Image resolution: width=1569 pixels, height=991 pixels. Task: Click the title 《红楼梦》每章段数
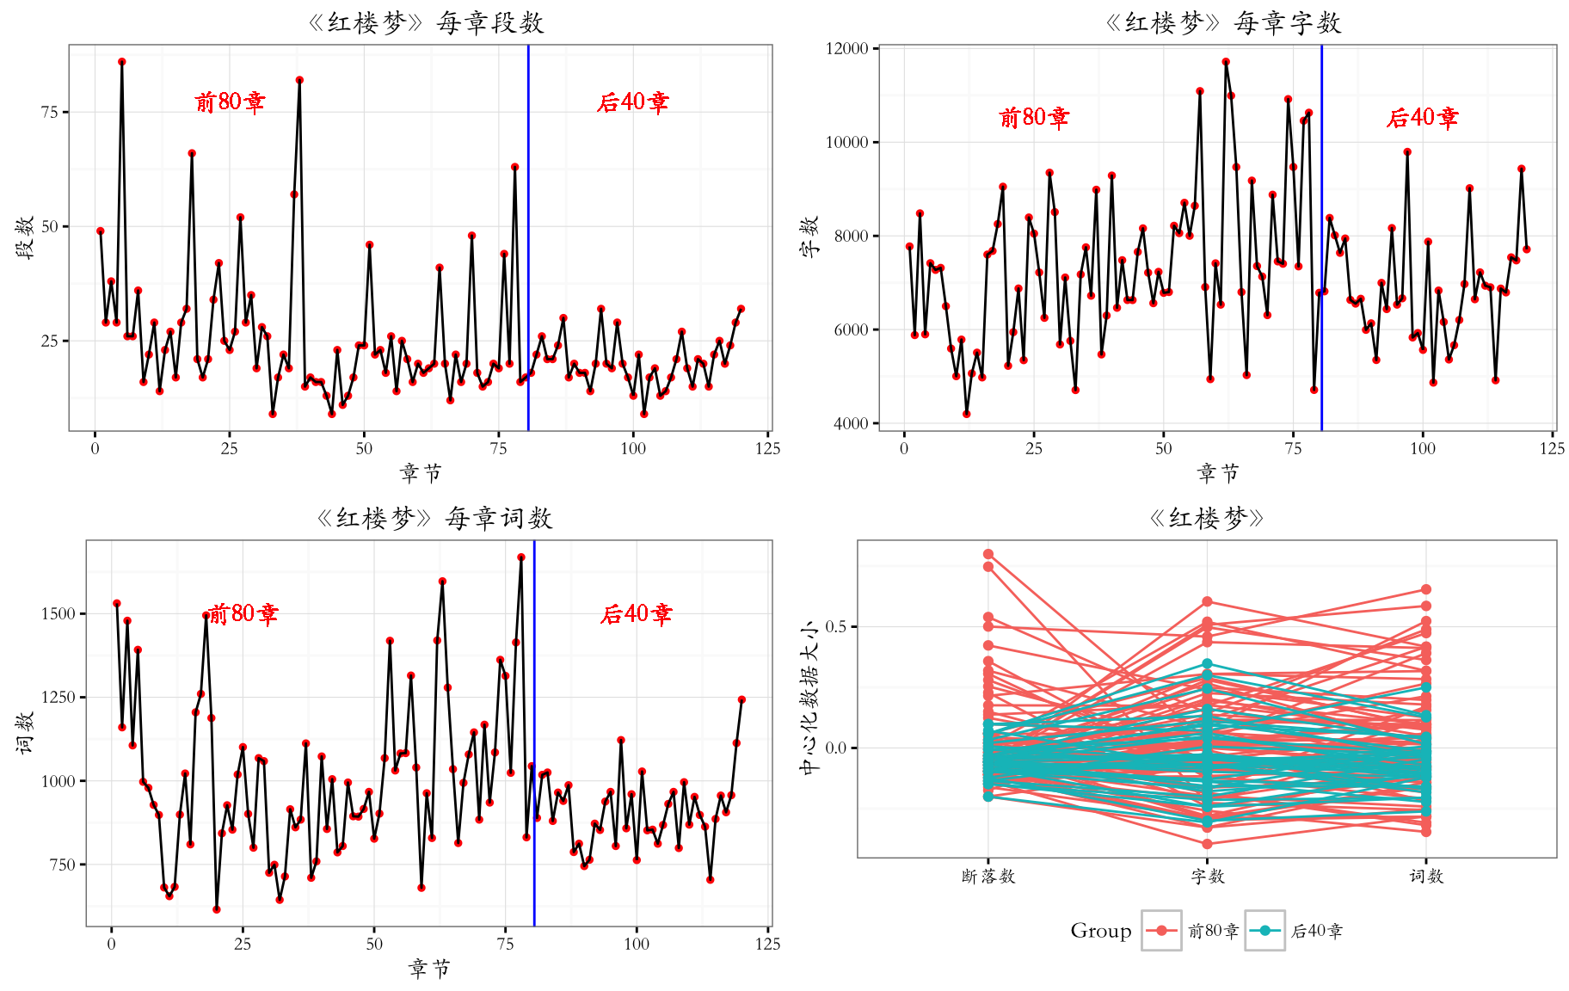(x=426, y=22)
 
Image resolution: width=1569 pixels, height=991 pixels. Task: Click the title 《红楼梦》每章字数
(x=1223, y=22)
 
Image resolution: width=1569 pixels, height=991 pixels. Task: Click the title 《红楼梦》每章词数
(x=434, y=518)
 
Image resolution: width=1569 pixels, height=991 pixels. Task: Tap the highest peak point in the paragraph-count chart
(x=122, y=62)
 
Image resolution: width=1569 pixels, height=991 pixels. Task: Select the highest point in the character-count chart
(x=1226, y=62)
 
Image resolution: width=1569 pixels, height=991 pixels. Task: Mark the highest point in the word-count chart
(x=521, y=557)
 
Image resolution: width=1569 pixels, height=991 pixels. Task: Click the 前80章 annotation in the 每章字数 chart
(x=1034, y=117)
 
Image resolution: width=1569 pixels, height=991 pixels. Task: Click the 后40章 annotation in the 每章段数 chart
(x=633, y=102)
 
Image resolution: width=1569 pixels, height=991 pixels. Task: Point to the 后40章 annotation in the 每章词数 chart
(x=637, y=613)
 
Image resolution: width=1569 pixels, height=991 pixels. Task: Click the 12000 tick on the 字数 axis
(x=847, y=49)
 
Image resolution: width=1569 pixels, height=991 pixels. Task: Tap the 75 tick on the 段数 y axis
(x=50, y=112)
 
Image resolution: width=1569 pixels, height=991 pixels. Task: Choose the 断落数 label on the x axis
(x=988, y=876)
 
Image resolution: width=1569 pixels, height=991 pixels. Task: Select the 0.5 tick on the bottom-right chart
(x=836, y=626)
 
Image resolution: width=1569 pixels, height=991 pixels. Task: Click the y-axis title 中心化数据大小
(x=809, y=698)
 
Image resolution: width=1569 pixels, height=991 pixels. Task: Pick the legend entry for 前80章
(x=1191, y=930)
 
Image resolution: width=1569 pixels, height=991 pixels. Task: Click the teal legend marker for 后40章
(x=1264, y=930)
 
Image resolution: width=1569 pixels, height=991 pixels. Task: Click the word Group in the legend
(x=1101, y=930)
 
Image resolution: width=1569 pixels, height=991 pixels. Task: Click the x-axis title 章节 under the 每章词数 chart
(x=429, y=969)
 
